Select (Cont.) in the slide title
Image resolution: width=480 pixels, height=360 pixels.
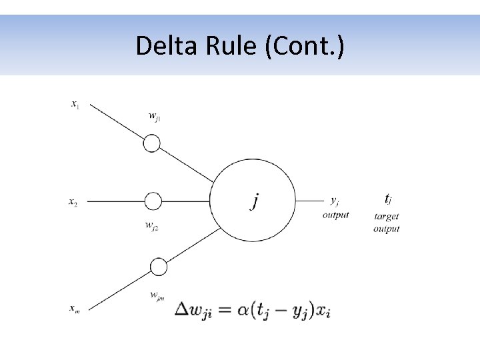305,45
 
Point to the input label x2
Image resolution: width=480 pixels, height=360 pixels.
73,202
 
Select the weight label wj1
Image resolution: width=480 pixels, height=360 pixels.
154,117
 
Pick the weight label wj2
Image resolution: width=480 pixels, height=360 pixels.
151,225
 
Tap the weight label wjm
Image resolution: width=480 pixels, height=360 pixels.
157,295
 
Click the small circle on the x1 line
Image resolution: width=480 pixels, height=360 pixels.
152,143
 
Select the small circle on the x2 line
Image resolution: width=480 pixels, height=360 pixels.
153,201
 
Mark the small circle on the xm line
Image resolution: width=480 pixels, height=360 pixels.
158,267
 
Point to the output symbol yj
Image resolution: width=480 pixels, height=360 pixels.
335,200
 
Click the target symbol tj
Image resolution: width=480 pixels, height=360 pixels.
388,199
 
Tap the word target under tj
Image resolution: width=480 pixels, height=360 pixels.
387,216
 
